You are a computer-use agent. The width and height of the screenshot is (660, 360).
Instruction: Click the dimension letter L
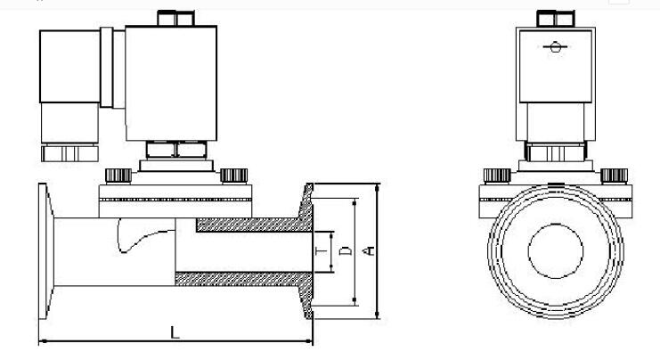pos(175,332)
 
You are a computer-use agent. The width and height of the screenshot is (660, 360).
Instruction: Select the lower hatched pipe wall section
pos(240,278)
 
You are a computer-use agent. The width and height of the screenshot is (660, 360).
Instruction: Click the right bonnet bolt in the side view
pos(234,175)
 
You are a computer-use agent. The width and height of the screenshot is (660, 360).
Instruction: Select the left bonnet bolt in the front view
pos(495,176)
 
